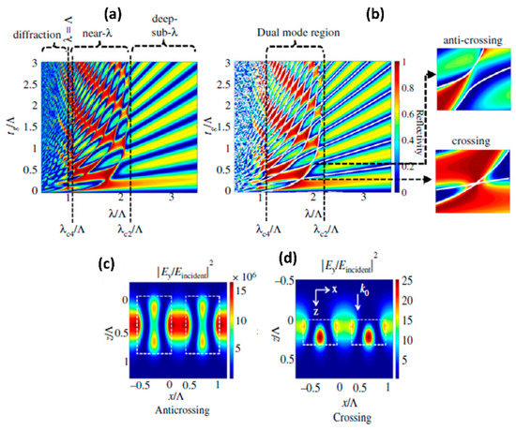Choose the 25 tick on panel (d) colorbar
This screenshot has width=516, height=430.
click(x=451, y=280)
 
